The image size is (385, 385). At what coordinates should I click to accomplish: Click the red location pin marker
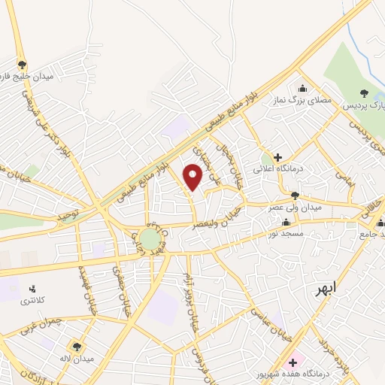click(x=193, y=177)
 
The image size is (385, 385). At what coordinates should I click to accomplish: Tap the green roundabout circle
click(x=150, y=239)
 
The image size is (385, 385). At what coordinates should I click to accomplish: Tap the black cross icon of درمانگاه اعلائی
click(x=278, y=158)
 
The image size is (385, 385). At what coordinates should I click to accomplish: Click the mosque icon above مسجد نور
click(x=286, y=223)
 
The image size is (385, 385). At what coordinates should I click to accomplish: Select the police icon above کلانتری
click(x=32, y=288)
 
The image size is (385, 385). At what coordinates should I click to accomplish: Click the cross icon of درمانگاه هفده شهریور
click(x=293, y=362)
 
